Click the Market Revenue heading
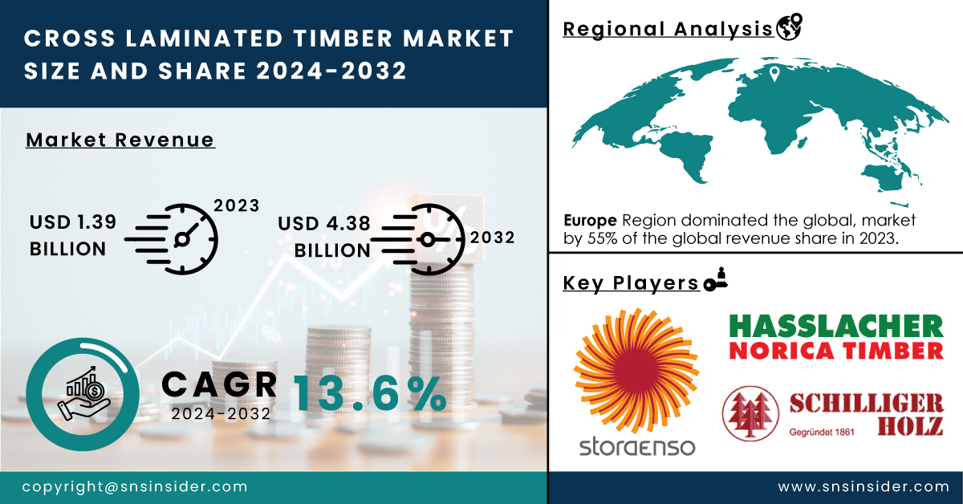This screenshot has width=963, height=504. point(120,140)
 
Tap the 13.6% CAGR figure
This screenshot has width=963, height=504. point(370,393)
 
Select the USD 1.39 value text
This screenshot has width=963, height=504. point(73,222)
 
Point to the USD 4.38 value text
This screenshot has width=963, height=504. point(323,224)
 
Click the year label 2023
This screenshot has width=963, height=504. point(237,205)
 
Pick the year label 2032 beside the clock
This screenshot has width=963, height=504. point(492,238)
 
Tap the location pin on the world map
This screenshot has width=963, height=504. point(774,74)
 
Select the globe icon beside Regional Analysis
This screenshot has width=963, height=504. point(790,26)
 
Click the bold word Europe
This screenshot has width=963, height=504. point(590,220)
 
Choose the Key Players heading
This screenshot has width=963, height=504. point(631,283)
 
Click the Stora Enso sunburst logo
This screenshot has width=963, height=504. point(636,370)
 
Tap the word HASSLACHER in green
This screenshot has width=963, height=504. point(836,327)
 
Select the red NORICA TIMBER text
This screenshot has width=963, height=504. point(836,351)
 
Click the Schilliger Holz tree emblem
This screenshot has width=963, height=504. point(750,413)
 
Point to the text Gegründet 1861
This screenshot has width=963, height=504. point(822,432)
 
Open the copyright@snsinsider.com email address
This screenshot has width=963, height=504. point(135,487)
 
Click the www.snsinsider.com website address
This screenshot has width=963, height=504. point(863,486)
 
